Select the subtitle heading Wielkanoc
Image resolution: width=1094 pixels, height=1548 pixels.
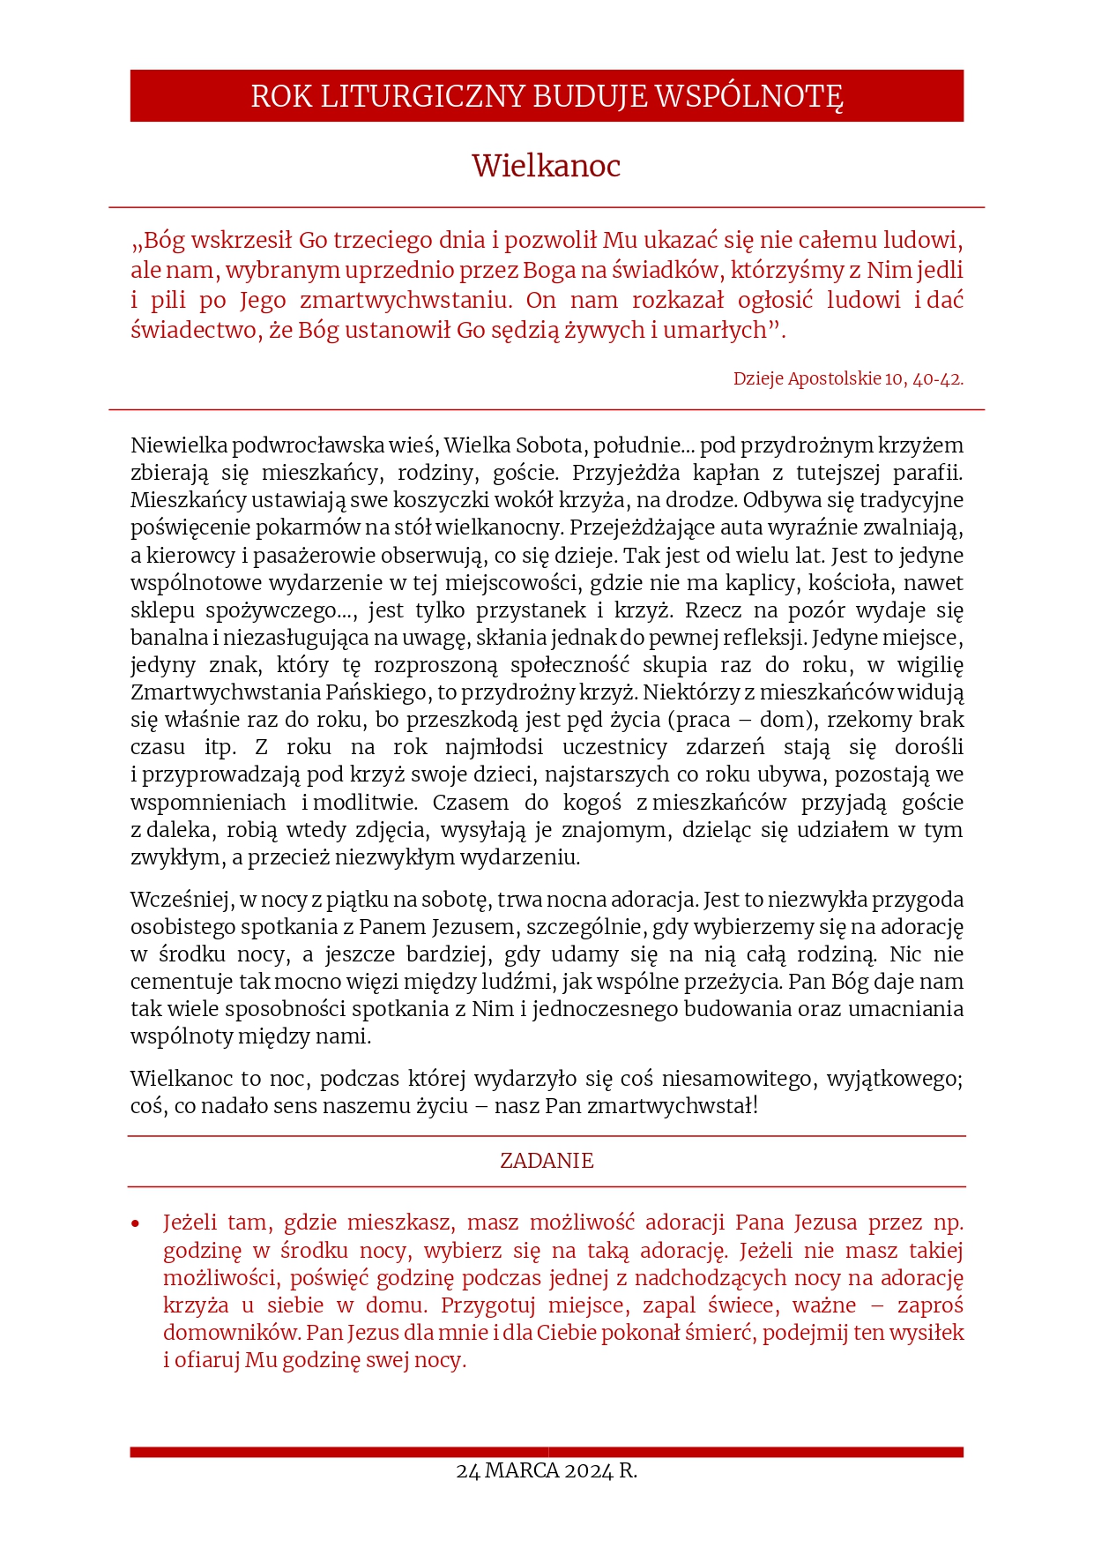[546, 166]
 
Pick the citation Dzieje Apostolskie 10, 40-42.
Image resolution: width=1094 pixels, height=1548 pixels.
[848, 378]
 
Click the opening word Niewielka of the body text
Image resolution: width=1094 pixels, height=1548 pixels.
[179, 445]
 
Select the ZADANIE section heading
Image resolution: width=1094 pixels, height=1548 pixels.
[547, 1161]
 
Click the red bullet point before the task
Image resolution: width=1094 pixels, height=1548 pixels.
[136, 1223]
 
